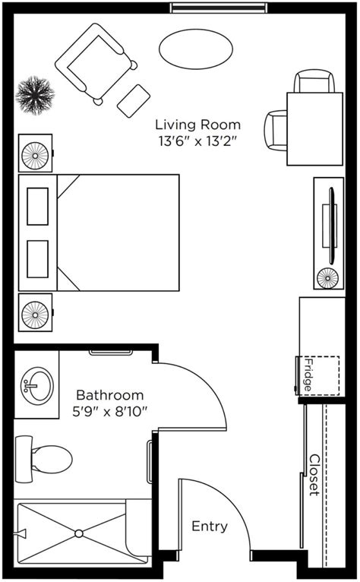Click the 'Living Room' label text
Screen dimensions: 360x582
click(197, 125)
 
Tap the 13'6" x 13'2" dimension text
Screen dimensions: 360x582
click(197, 141)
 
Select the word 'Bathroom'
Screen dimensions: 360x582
click(110, 395)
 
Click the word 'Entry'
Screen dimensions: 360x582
click(210, 527)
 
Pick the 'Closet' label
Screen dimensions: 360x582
click(314, 475)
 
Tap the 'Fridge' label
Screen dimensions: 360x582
click(308, 375)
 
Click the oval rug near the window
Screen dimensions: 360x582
click(196, 49)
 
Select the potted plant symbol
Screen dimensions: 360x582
click(35, 96)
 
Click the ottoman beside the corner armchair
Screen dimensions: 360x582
click(134, 101)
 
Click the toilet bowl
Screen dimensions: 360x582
click(52, 459)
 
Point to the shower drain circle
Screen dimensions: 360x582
click(79, 533)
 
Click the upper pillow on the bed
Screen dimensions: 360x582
click(37, 207)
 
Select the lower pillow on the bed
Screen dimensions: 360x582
click(37, 259)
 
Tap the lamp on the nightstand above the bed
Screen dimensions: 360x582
click(35, 156)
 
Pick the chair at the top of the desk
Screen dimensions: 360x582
click(314, 81)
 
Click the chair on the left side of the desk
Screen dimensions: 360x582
click(276, 130)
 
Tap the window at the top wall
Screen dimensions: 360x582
click(219, 8)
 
